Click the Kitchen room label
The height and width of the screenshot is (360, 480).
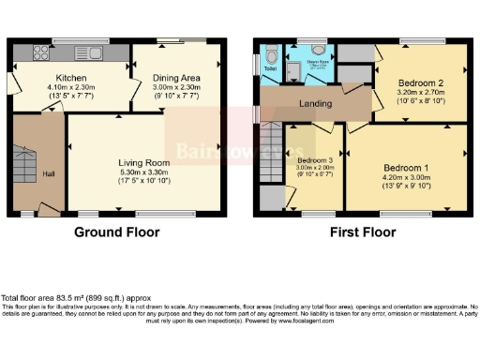(x=71, y=79)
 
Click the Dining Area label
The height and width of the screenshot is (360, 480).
(x=178, y=79)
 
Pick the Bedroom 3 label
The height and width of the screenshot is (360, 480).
(x=315, y=160)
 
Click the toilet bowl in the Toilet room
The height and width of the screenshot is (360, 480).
(x=270, y=53)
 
